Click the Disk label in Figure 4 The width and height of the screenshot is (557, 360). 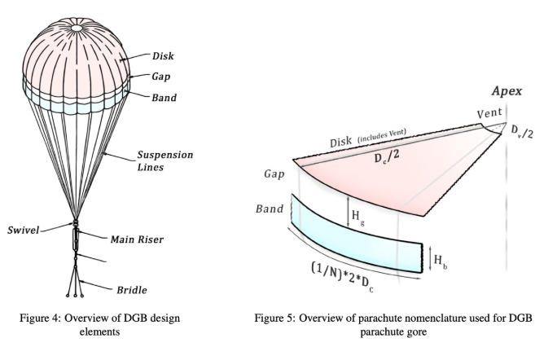(x=163, y=56)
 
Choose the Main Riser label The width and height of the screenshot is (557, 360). (x=138, y=239)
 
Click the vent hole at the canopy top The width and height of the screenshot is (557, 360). (x=76, y=28)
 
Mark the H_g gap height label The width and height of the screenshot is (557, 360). (x=357, y=217)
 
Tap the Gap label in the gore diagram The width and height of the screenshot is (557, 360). (x=276, y=174)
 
